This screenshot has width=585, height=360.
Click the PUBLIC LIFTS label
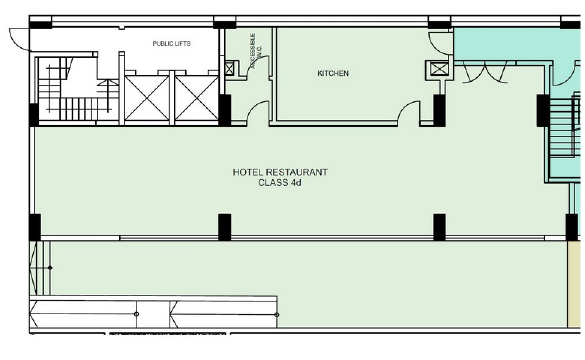pos(171,44)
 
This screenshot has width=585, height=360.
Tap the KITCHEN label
pos(333,73)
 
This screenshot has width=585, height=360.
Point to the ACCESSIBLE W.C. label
pos(255,51)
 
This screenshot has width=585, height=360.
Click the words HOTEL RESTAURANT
pos(280,172)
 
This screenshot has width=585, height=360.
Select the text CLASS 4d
pos(280,183)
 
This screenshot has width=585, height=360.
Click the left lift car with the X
pos(147,98)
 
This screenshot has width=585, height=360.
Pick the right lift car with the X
pos(197,98)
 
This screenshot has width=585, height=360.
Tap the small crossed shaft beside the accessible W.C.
pos(229,69)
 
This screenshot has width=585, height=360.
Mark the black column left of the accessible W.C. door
pos(225,110)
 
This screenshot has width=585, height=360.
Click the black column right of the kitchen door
pos(439,110)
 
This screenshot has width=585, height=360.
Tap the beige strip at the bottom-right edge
pos(574,284)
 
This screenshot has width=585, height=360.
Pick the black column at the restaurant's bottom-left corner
pos(35,227)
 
